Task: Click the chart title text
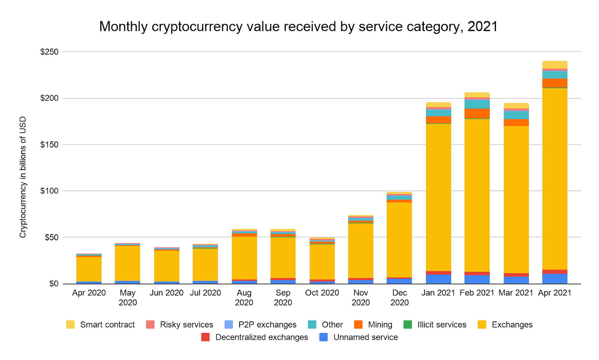click(x=298, y=27)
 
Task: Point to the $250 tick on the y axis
click(x=49, y=52)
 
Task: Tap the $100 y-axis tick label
click(x=49, y=191)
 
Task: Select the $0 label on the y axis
click(x=54, y=284)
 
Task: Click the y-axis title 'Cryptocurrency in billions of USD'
click(x=23, y=177)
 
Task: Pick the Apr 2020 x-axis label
click(x=89, y=293)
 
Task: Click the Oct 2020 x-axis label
click(x=322, y=293)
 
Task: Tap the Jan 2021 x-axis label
click(x=438, y=293)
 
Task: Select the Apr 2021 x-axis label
click(x=554, y=293)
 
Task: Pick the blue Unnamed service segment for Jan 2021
click(x=438, y=279)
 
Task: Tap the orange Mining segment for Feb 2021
click(x=477, y=113)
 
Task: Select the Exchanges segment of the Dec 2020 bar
click(x=399, y=240)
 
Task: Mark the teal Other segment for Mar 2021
click(x=516, y=115)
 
